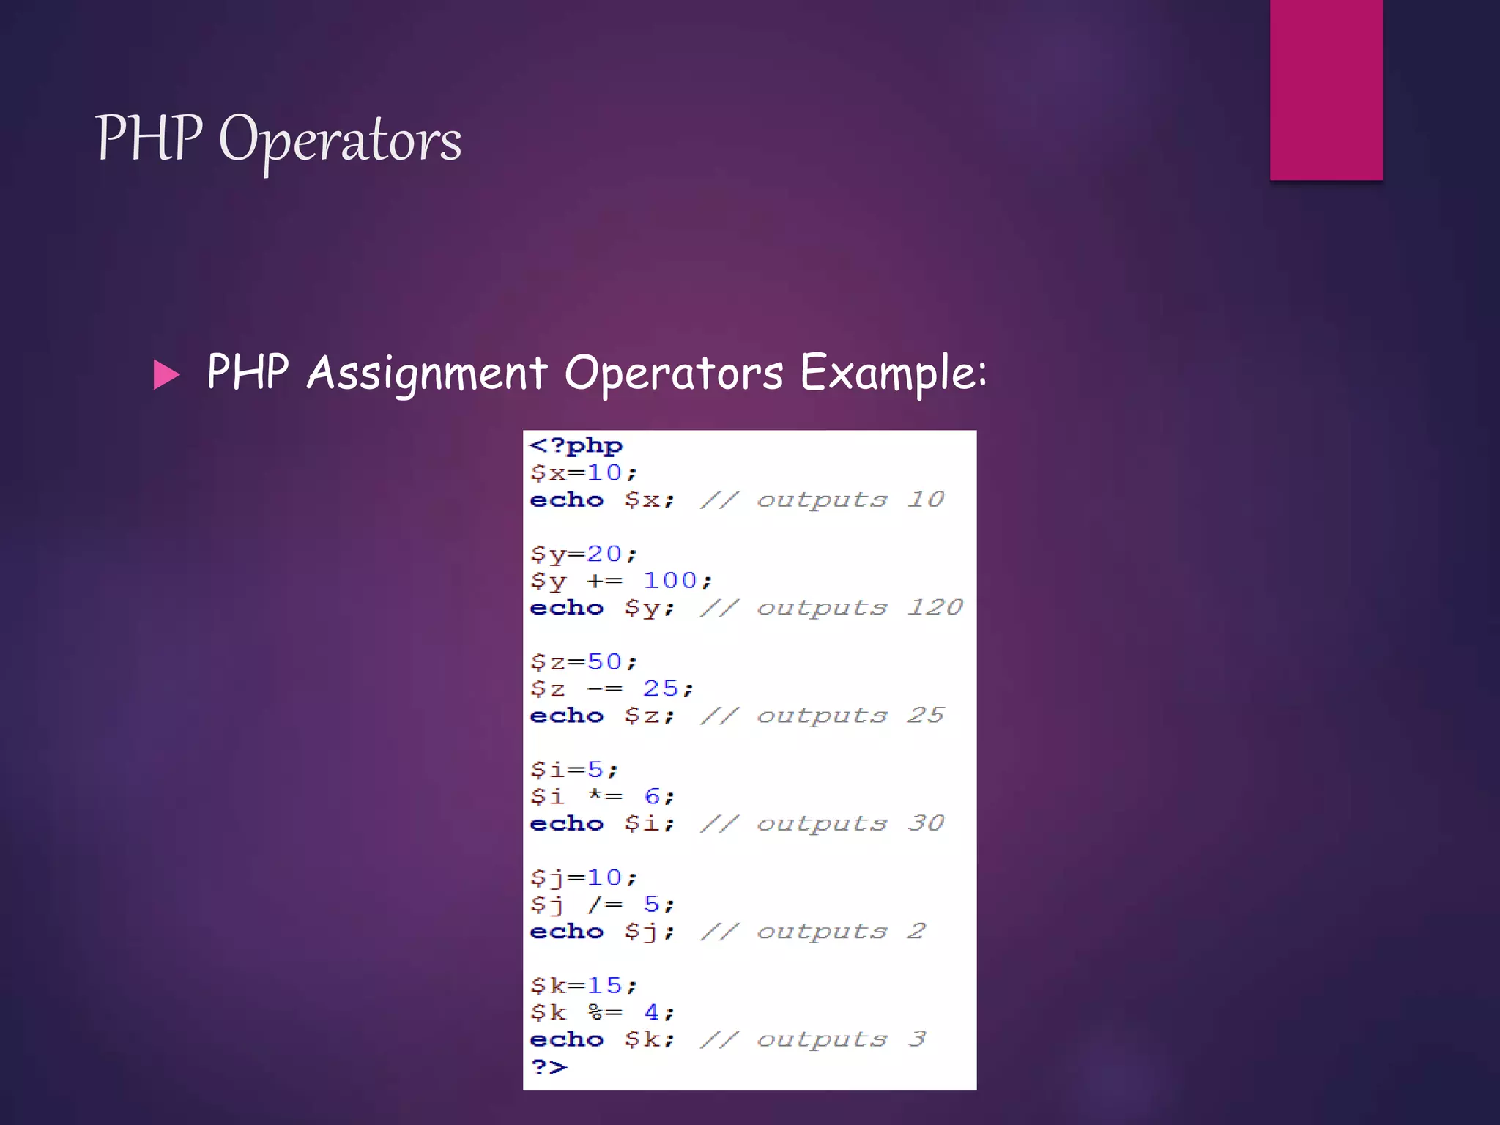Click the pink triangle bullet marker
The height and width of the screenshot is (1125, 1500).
coord(166,375)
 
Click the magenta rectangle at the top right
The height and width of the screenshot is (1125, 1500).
coord(1326,89)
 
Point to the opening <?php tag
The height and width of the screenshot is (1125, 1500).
coord(576,445)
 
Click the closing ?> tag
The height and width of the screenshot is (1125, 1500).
coord(549,1066)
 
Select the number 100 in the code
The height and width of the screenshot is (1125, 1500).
coord(669,581)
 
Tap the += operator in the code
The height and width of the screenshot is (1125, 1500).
coord(605,581)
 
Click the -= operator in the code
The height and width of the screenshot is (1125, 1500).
coord(605,689)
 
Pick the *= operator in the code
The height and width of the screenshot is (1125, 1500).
coord(605,796)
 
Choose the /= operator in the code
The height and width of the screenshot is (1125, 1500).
coord(605,905)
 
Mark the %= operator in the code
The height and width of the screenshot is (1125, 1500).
coord(605,1012)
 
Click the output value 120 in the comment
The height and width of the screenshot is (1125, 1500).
coord(935,607)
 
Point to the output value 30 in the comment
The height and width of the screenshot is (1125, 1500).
coord(926,823)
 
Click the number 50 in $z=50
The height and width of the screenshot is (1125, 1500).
coord(604,662)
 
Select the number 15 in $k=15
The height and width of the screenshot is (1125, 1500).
coord(604,986)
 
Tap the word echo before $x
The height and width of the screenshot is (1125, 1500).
coord(567,500)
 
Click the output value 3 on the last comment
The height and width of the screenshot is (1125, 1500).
coord(917,1039)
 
